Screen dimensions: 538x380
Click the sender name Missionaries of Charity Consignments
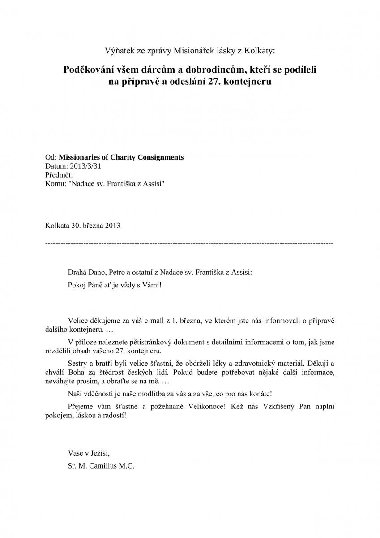[x=121, y=157]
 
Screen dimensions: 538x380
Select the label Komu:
[x=55, y=184]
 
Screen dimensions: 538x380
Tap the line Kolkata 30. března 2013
[x=83, y=226]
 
